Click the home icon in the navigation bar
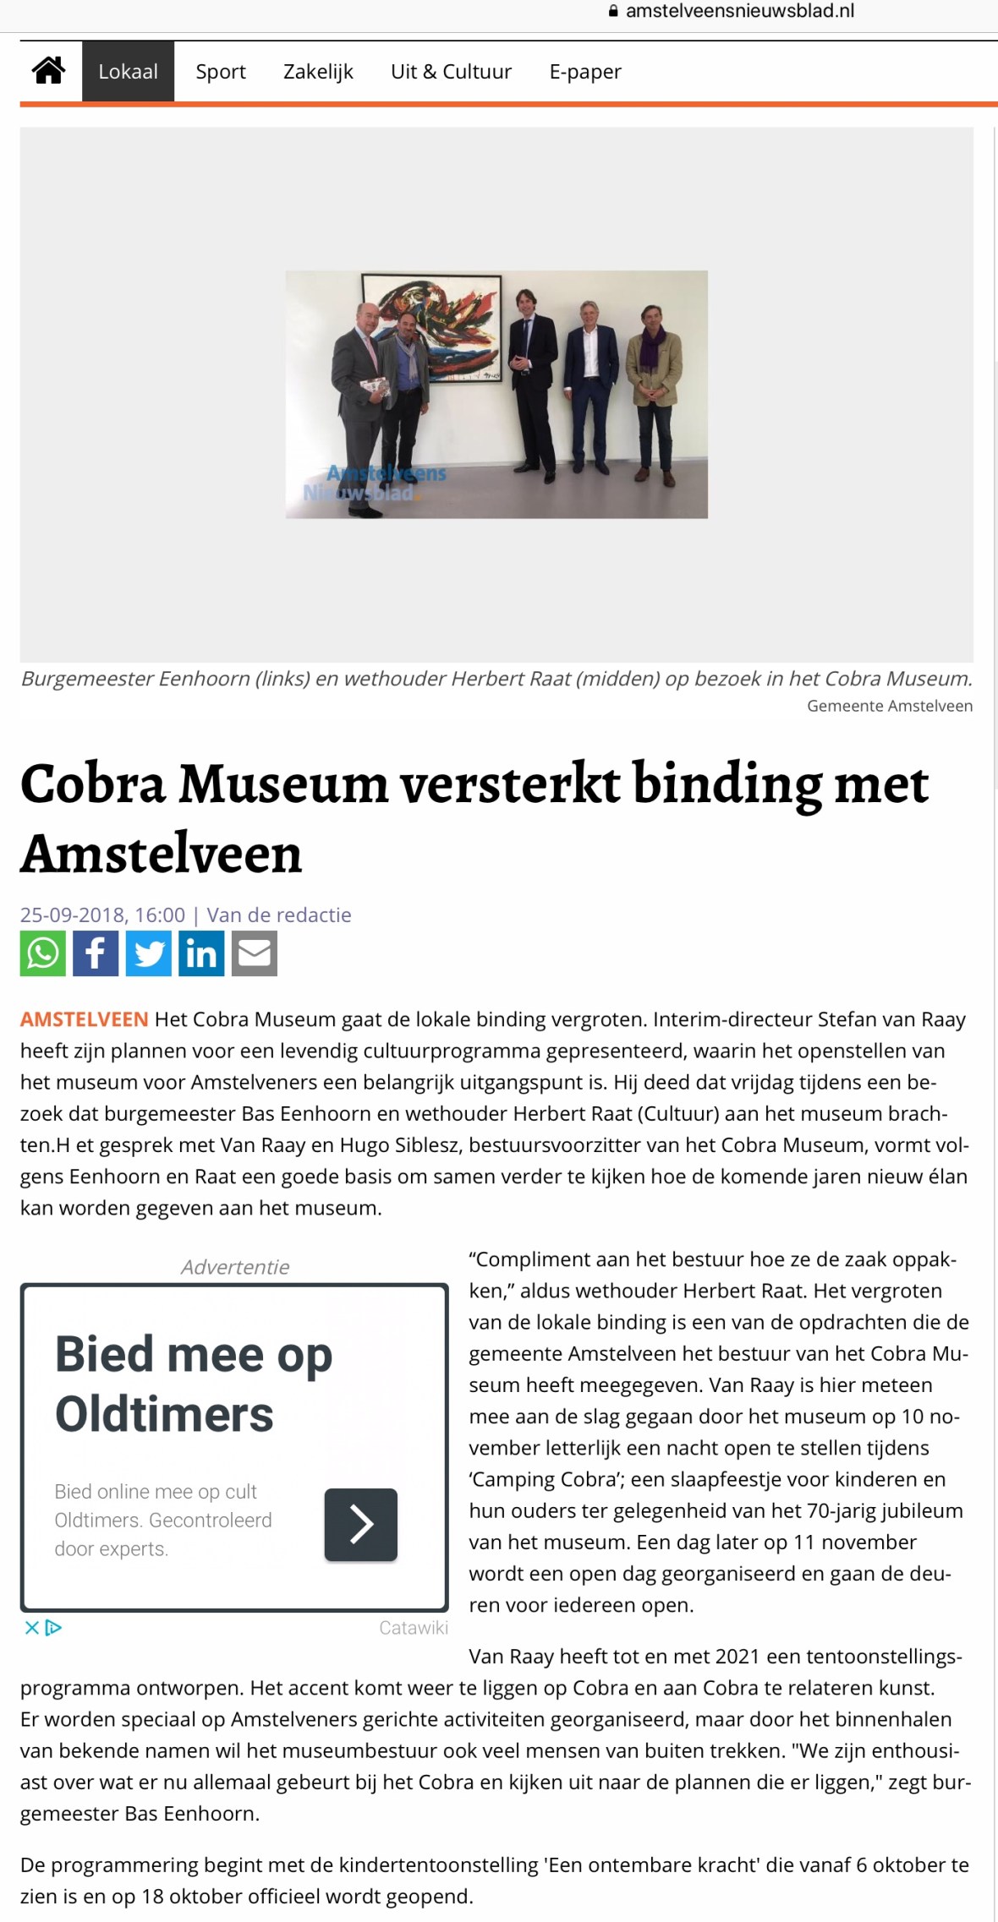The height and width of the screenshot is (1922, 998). click(49, 71)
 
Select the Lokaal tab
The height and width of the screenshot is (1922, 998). click(128, 72)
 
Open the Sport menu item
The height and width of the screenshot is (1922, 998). click(221, 72)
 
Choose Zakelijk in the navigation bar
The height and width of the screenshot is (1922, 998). click(318, 72)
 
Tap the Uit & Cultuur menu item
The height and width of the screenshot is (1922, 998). click(451, 72)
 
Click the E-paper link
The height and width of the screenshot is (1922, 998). click(585, 72)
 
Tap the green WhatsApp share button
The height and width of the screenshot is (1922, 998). click(43, 953)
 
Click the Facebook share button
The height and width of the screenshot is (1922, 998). click(96, 953)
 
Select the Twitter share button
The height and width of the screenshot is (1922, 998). click(149, 953)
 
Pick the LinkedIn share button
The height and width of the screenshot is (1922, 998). click(201, 953)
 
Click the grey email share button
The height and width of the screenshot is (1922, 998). click(255, 953)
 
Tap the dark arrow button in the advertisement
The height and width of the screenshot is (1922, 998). click(361, 1525)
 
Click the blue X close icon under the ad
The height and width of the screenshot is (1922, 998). click(32, 1628)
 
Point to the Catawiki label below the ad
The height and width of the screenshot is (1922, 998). click(414, 1629)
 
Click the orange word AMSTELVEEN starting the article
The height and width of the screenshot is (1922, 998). click(85, 1019)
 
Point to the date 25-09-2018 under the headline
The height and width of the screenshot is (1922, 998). click(73, 915)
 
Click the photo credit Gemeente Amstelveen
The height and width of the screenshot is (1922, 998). click(890, 706)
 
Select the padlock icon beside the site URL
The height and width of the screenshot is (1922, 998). click(613, 11)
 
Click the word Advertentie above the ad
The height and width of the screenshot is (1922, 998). click(235, 1267)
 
